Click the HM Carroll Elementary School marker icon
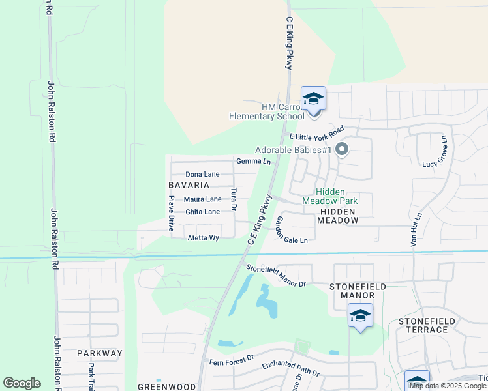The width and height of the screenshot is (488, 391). tap(313, 100)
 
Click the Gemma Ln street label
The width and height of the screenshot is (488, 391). tap(253, 161)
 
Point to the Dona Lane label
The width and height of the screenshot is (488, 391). tap(202, 174)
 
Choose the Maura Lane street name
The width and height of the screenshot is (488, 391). tap(202, 199)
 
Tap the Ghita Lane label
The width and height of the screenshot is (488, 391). tap(202, 212)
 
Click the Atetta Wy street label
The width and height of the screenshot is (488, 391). tap(203, 238)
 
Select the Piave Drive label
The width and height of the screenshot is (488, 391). tap(171, 214)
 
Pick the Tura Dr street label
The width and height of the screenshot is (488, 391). tap(234, 198)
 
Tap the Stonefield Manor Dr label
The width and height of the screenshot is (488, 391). tap(275, 275)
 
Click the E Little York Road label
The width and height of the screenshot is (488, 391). tap(316, 132)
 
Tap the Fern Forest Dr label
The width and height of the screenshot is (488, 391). tap(231, 360)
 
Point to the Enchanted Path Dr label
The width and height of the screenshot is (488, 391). tap(290, 369)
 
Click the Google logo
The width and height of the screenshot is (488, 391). tap(22, 383)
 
